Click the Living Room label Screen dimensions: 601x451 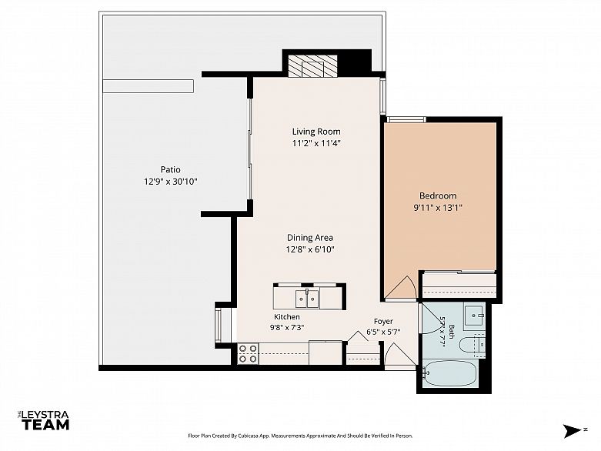coord(316,132)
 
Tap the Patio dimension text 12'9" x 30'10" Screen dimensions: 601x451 coord(171,182)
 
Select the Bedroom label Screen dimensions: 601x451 coord(438,195)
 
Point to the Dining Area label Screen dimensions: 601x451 coord(310,238)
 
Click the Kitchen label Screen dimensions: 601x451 coord(287,317)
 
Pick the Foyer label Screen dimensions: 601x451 coord(383,322)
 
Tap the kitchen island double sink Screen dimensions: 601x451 coord(307,299)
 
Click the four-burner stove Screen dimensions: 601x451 coord(248,354)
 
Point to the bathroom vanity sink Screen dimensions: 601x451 coord(475,316)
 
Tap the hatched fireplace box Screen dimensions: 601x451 coord(312,66)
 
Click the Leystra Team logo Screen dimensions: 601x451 coord(45,420)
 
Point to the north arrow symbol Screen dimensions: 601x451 coord(573,431)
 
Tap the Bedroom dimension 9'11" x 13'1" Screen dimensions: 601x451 coord(438,208)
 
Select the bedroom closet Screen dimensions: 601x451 coord(459,285)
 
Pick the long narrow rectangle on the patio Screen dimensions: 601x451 coord(148,86)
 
